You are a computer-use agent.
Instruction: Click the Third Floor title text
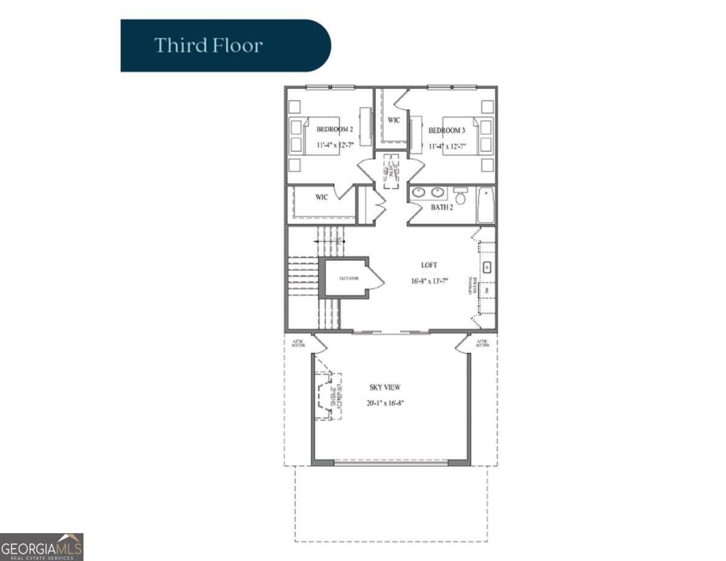[x=208, y=45]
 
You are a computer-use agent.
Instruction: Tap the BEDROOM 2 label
[x=335, y=130]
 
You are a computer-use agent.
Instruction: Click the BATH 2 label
[x=442, y=207]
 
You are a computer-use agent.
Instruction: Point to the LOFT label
[x=429, y=265]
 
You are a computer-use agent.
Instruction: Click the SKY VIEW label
[x=385, y=387]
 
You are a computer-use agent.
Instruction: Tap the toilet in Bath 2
[x=460, y=196]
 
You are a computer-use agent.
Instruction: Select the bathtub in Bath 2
[x=485, y=205]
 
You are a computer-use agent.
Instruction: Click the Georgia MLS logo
[x=42, y=546]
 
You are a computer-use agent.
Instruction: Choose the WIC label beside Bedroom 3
[x=394, y=120]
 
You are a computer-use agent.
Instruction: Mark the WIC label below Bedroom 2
[x=321, y=197]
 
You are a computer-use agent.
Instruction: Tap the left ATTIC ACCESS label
[x=298, y=343]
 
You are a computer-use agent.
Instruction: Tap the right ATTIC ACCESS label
[x=482, y=343]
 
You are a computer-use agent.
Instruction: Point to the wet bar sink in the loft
[x=487, y=267]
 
